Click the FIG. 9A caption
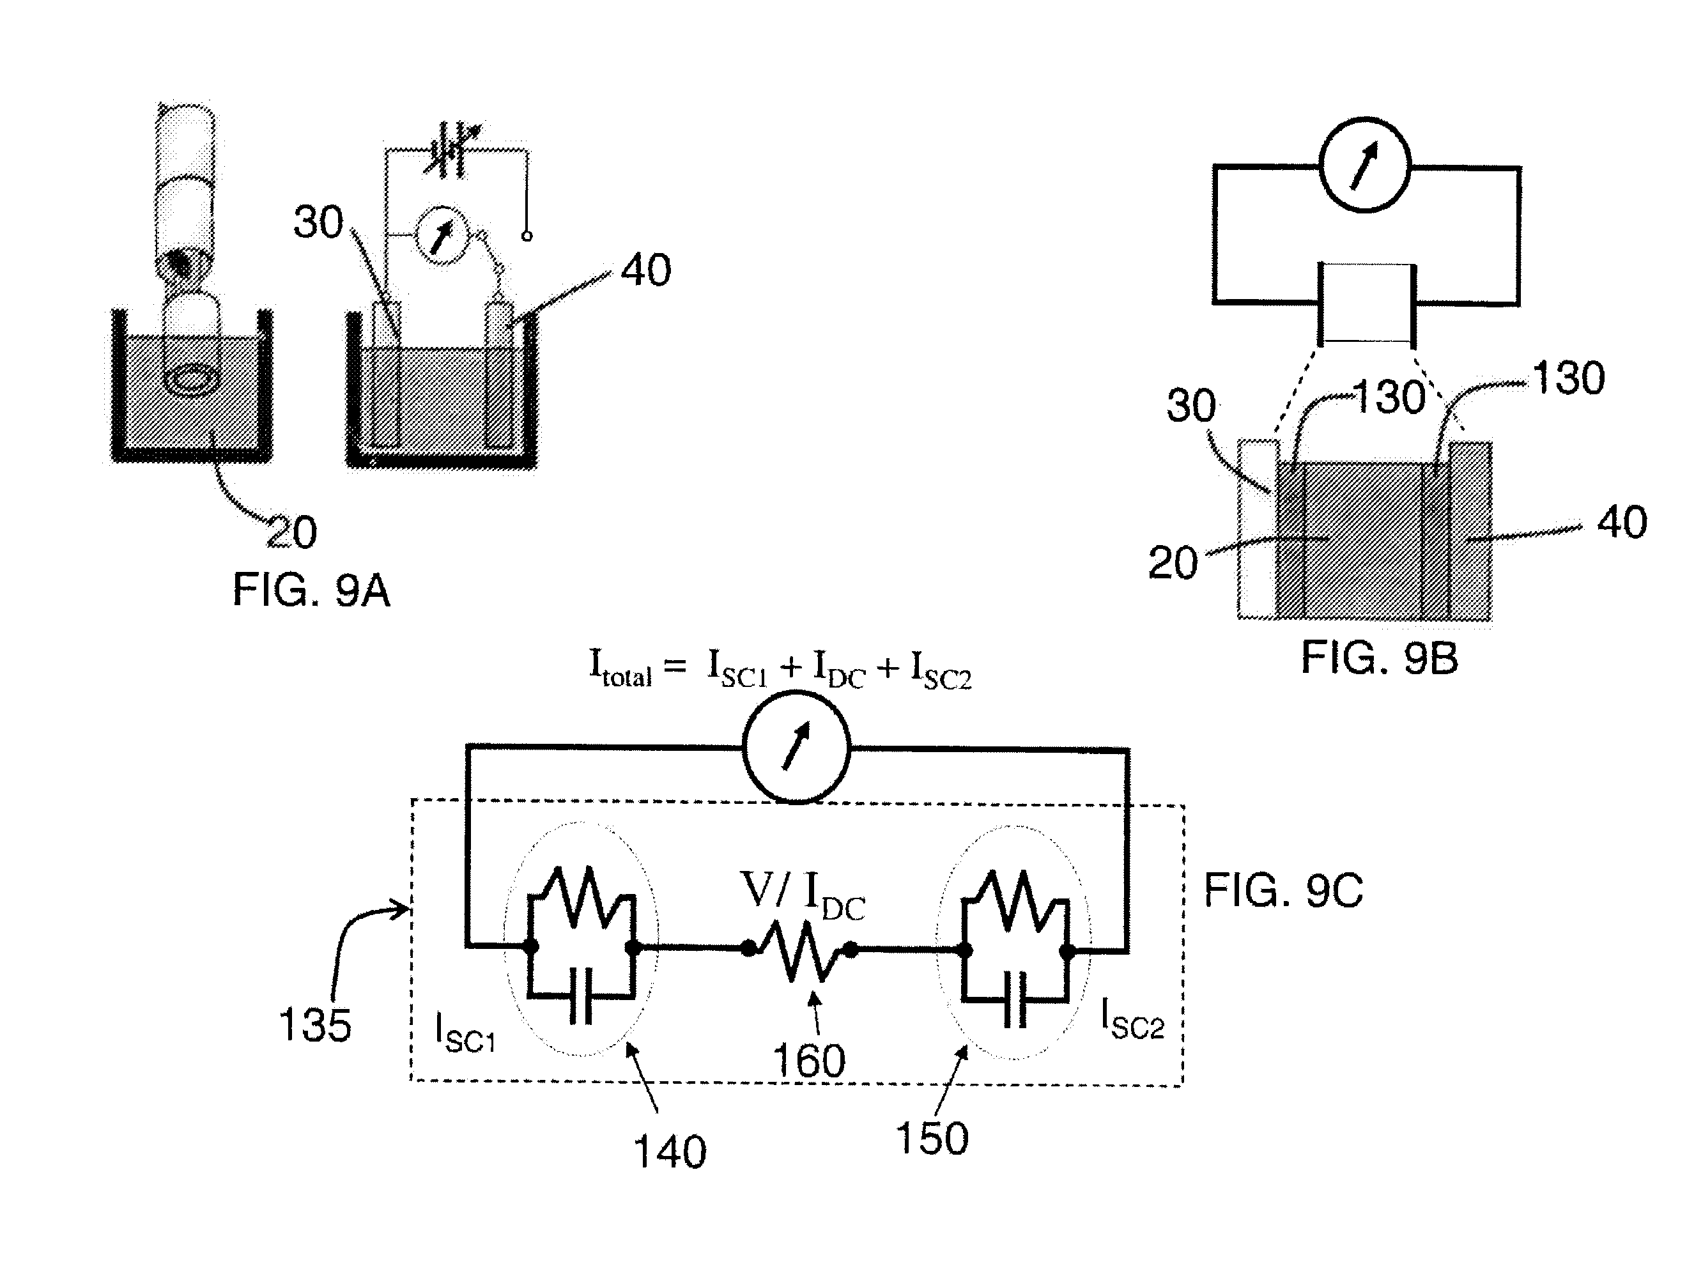point(311,590)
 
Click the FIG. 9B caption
point(1379,658)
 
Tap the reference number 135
point(315,1024)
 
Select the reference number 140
point(670,1152)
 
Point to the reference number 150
point(932,1138)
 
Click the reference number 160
point(809,1061)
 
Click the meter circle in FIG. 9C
point(796,747)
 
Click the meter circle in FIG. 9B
point(1365,164)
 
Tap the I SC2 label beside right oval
point(1132,1019)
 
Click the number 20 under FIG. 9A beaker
point(291,532)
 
